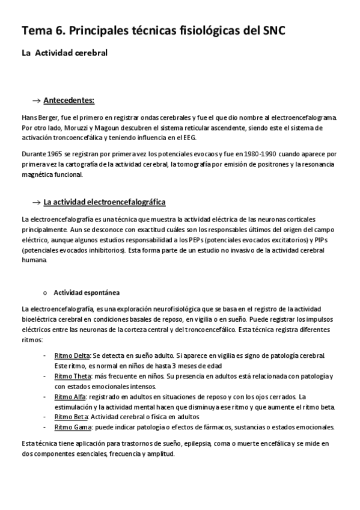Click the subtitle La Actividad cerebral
64,54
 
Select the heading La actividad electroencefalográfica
105,201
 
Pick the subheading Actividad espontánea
87,293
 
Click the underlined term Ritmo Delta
72,355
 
